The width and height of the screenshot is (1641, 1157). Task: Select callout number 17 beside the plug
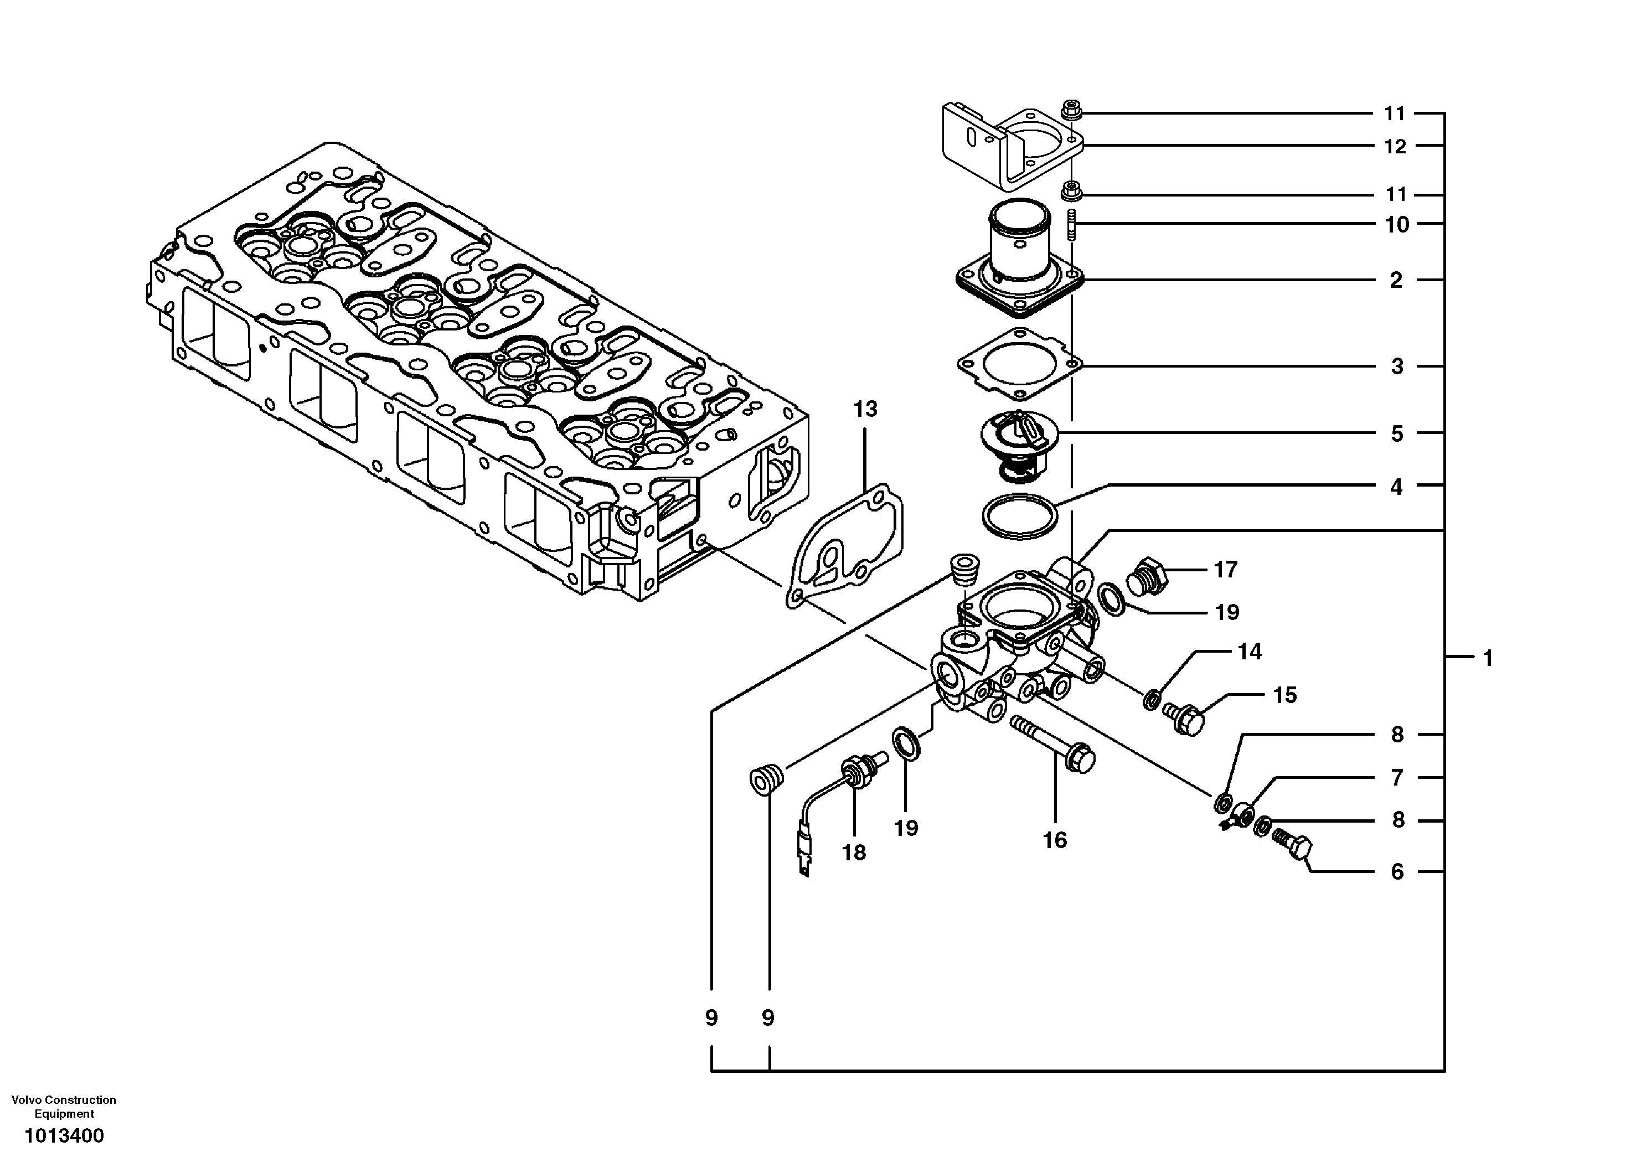click(x=1225, y=570)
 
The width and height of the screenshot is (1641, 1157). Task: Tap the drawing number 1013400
click(x=64, y=1135)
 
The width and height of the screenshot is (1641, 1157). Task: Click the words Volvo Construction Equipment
click(x=64, y=1106)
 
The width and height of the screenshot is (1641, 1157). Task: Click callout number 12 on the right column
click(x=1395, y=147)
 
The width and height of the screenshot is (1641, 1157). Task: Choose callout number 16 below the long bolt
click(x=1054, y=840)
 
